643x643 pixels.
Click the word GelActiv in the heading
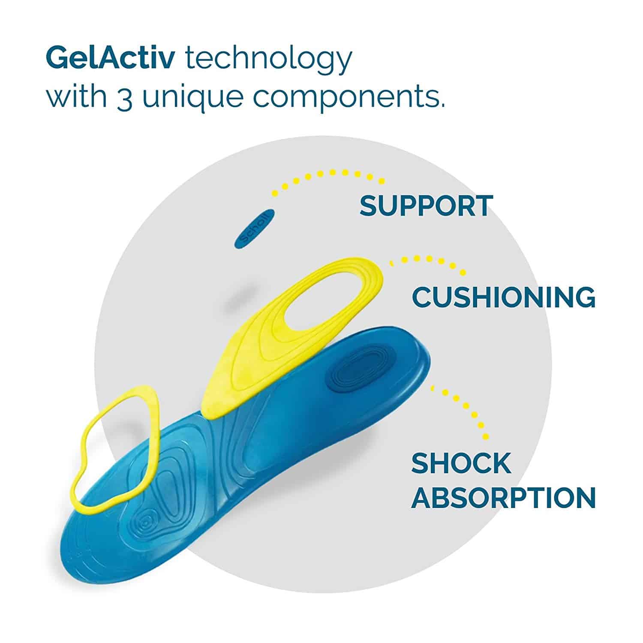(x=110, y=58)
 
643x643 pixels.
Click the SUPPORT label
(x=426, y=206)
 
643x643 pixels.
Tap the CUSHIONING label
(x=504, y=296)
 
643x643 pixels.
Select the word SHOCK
(x=461, y=463)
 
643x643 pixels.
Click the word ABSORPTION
(x=504, y=497)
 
